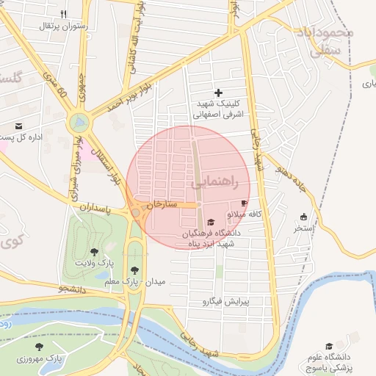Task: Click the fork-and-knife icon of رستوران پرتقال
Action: pyautogui.click(x=64, y=14)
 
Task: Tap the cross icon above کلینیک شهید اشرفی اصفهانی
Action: pyautogui.click(x=218, y=93)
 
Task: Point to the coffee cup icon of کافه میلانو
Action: pyautogui.click(x=244, y=203)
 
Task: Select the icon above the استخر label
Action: pyautogui.click(x=303, y=217)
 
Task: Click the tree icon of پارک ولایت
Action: pyautogui.click(x=94, y=252)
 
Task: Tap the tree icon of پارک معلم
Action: pyautogui.click(x=134, y=270)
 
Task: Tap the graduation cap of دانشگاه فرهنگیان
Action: pyautogui.click(x=211, y=223)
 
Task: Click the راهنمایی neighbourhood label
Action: pyautogui.click(x=220, y=185)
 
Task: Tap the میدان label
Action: pyautogui.click(x=157, y=281)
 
